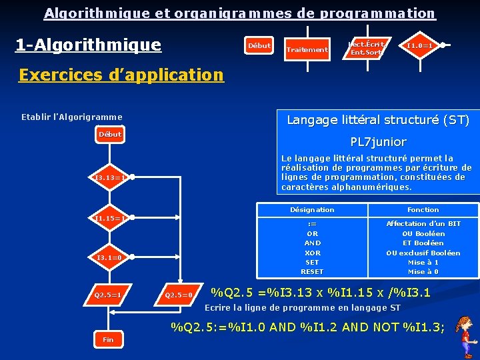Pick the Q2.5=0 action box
(179, 295)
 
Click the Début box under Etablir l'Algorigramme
(110, 135)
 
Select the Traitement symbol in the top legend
(307, 49)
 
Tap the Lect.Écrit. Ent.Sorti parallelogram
(367, 47)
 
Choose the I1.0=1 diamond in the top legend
(420, 45)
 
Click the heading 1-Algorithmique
(88, 45)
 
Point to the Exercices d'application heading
(121, 75)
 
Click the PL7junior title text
(379, 142)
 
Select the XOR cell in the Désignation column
(312, 253)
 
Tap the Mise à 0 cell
(423, 271)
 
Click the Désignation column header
(312, 210)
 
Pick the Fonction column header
(423, 210)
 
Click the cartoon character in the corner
(465, 337)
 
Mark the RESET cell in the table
(312, 271)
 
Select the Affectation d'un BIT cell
(423, 224)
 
